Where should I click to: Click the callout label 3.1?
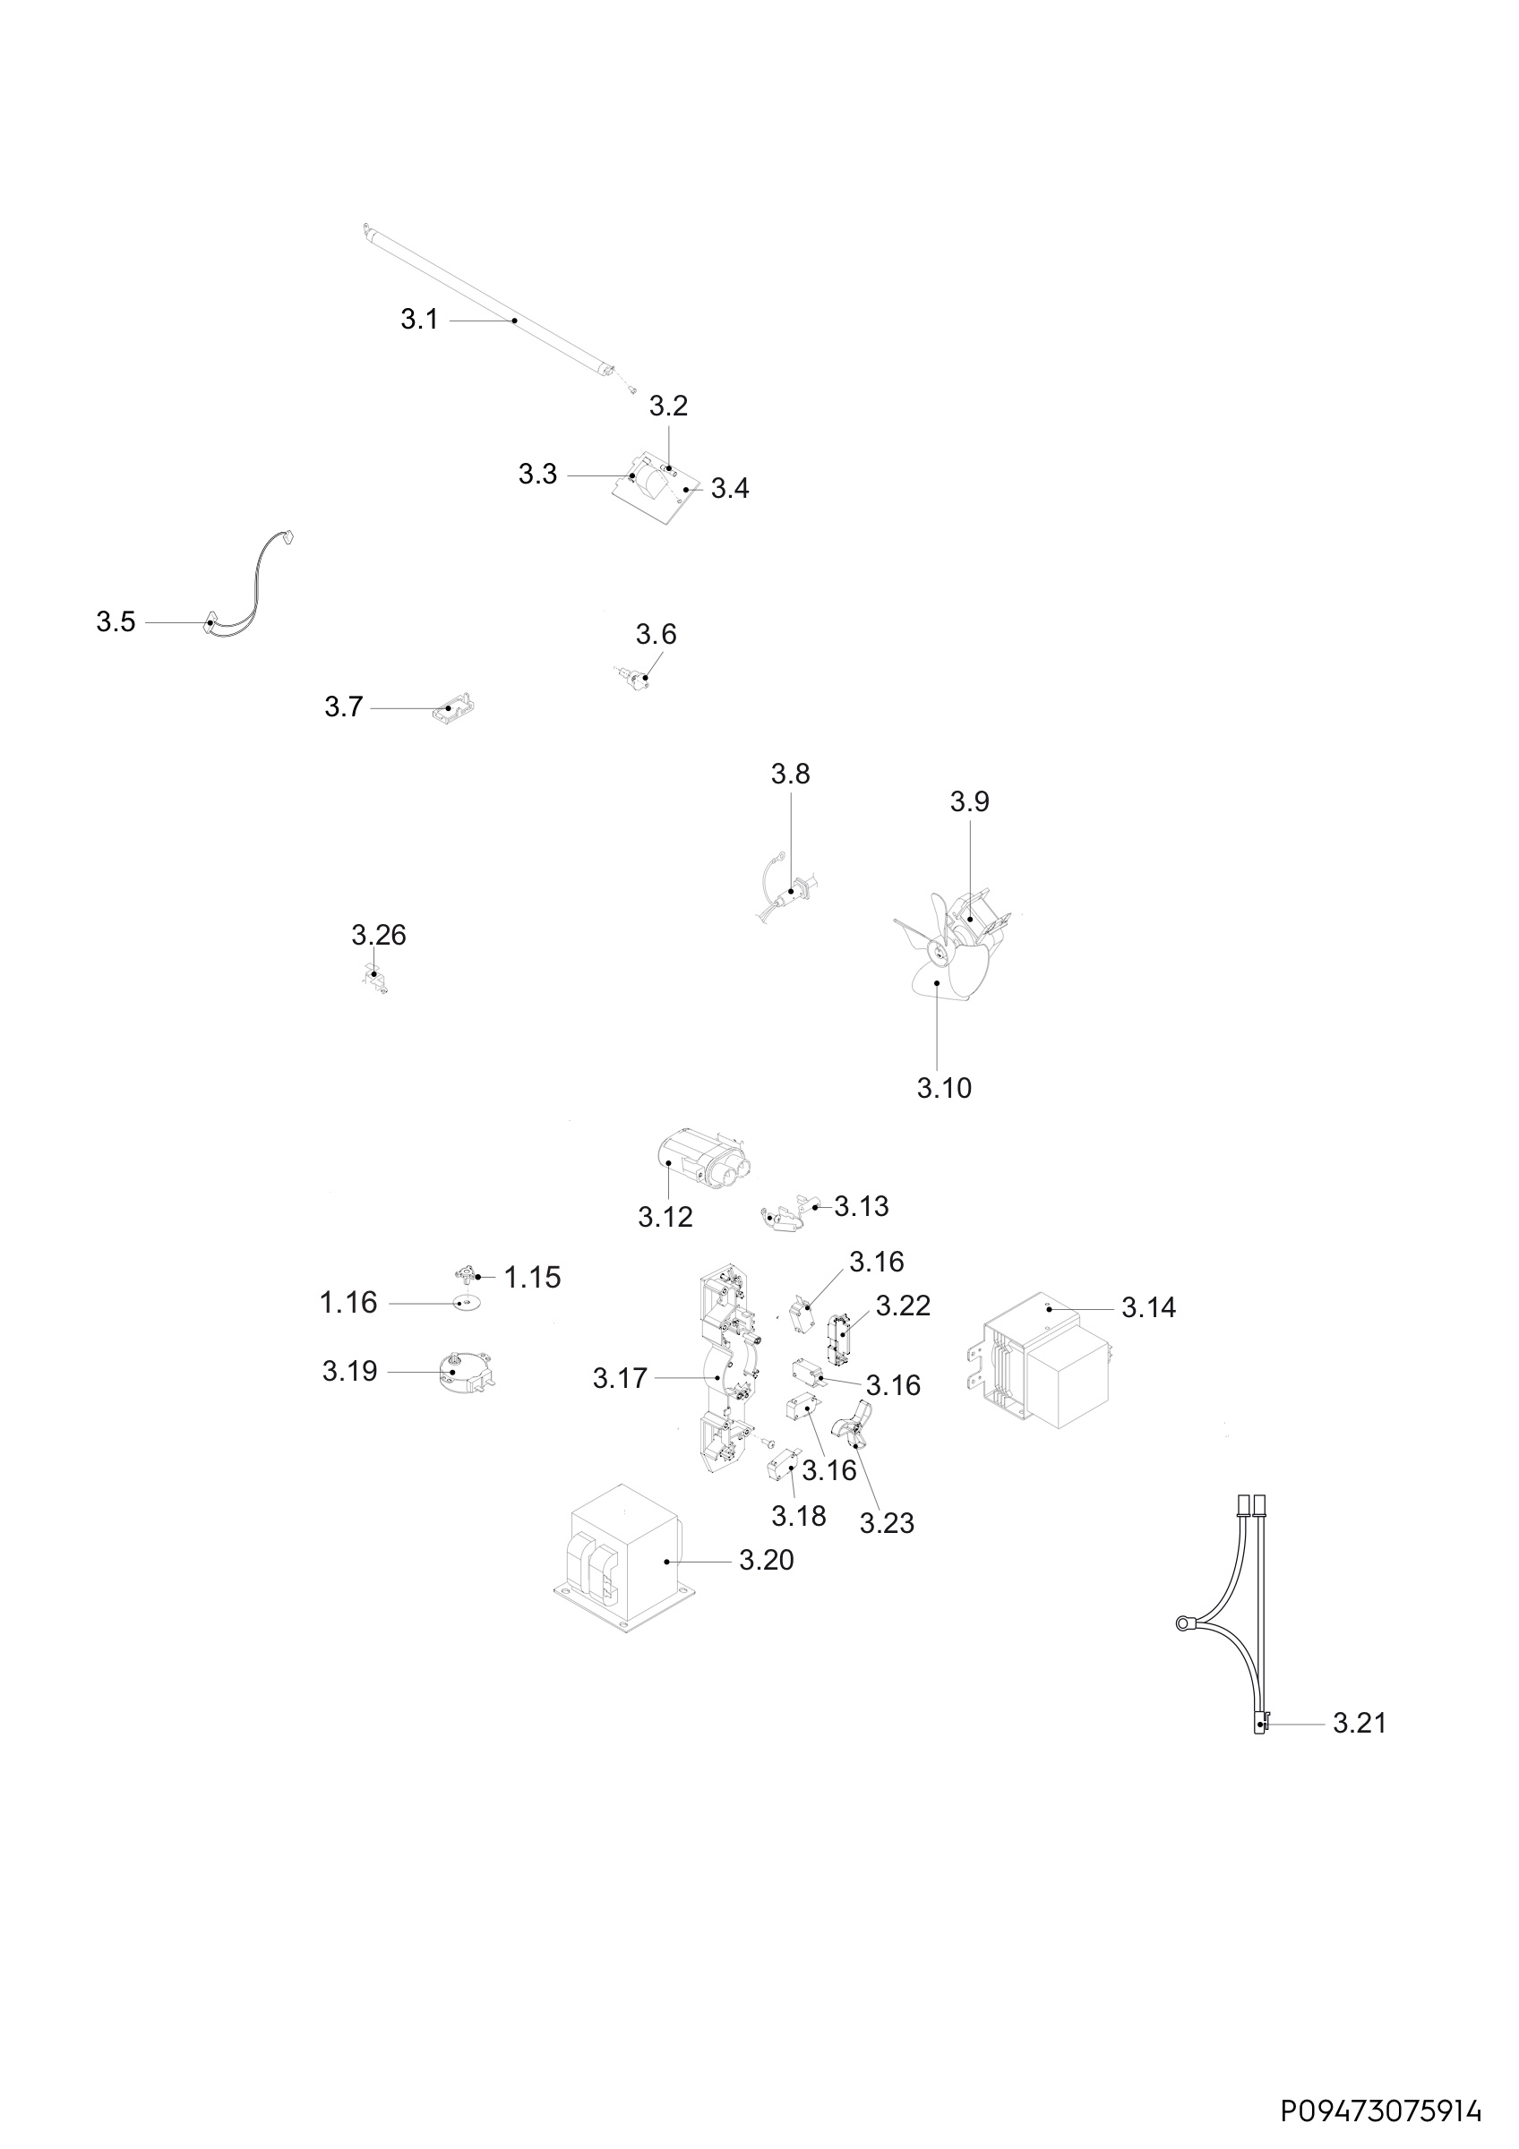click(x=419, y=320)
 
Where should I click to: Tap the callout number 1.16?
click(x=348, y=1302)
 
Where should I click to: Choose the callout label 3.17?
click(x=620, y=1378)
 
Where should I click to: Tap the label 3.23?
click(x=887, y=1524)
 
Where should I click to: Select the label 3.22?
click(x=903, y=1306)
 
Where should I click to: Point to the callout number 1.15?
click(x=533, y=1277)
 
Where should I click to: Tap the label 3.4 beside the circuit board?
click(x=730, y=489)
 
